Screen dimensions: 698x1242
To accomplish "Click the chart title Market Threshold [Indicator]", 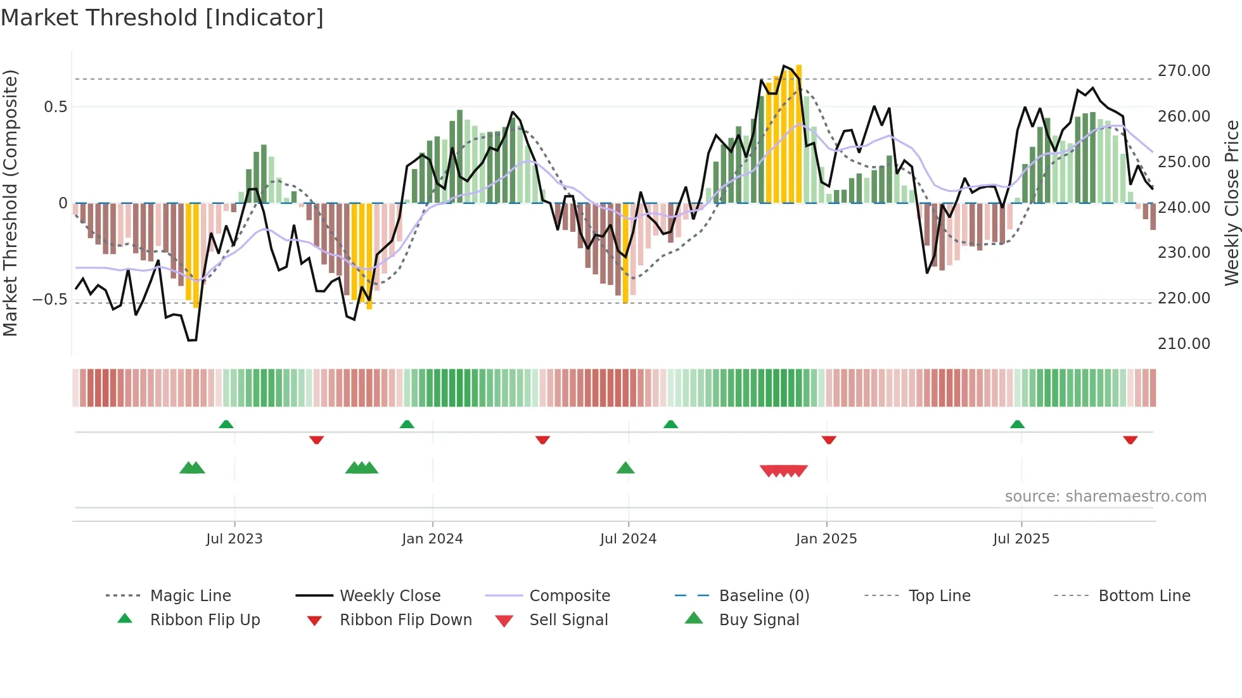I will (x=162, y=18).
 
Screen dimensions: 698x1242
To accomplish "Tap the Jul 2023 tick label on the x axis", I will (x=234, y=539).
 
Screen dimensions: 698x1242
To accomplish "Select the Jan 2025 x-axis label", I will (x=826, y=539).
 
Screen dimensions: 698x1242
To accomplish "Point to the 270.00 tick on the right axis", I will (x=1183, y=71).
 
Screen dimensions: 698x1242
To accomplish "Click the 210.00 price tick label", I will (x=1183, y=344).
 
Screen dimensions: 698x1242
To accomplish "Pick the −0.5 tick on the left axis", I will (x=49, y=299).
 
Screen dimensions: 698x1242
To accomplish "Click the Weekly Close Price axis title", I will (x=1231, y=203).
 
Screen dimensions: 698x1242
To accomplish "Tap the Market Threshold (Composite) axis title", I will (x=10, y=203).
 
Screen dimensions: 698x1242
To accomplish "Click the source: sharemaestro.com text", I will (x=1105, y=497).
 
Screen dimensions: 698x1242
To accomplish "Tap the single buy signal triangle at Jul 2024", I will (x=625, y=468).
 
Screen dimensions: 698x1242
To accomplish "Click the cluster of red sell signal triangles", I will (x=784, y=471).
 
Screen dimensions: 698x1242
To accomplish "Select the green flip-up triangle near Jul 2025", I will (x=1017, y=424).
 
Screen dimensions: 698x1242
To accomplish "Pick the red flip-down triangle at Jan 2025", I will (x=829, y=440).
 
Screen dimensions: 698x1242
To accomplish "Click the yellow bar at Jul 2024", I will (x=625, y=253).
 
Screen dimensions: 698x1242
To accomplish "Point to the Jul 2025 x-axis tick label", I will (x=1021, y=539).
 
